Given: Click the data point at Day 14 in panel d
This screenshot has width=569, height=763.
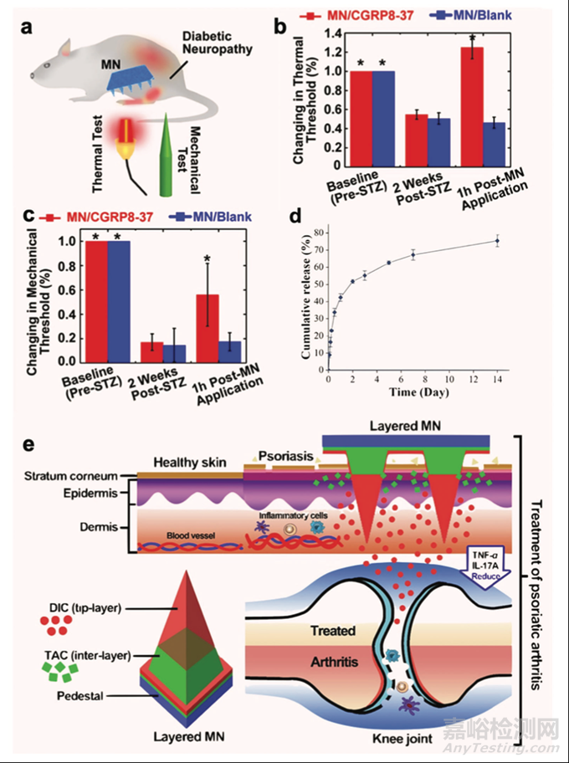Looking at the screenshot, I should click(x=497, y=241).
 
